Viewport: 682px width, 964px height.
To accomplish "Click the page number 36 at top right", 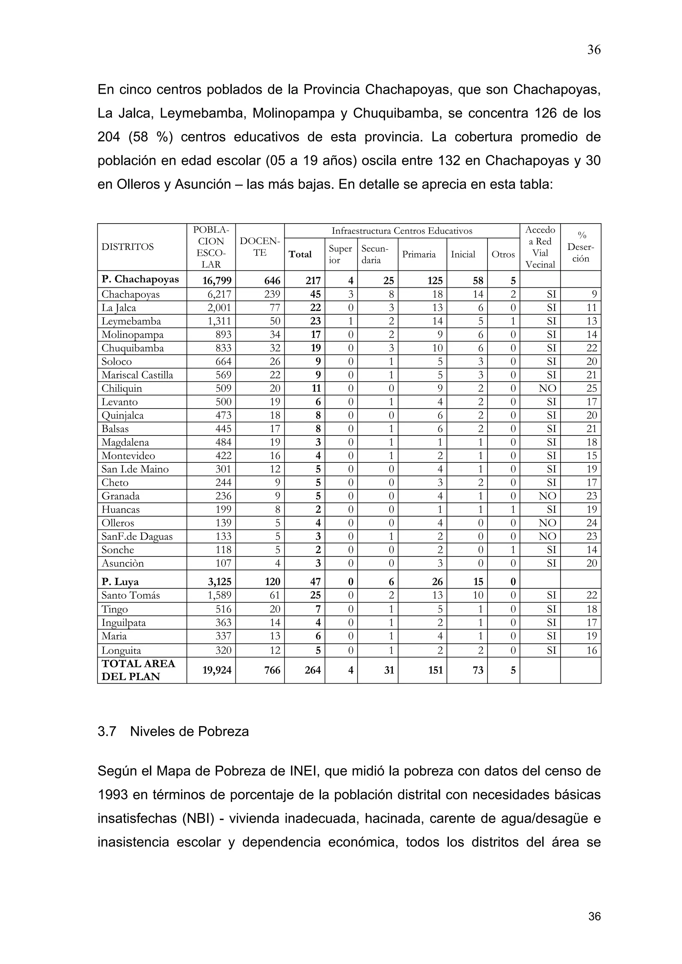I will [x=593, y=50].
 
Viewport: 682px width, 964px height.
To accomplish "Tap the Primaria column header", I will [x=419, y=254].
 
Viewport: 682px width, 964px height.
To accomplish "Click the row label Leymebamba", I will [x=131, y=321].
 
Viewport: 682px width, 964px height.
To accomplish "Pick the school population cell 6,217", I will [x=219, y=294].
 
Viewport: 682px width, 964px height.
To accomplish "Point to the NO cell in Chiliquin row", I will [x=547, y=389].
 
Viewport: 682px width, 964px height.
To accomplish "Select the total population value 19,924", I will [x=217, y=670].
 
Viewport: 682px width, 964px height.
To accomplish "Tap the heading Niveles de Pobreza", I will [x=189, y=732].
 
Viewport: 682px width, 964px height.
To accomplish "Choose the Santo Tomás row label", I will [x=130, y=595].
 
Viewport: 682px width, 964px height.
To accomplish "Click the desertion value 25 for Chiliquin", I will [x=591, y=389].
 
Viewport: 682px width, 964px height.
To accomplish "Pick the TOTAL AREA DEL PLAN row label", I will [x=138, y=670].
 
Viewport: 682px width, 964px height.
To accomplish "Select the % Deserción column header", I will [x=580, y=247].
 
